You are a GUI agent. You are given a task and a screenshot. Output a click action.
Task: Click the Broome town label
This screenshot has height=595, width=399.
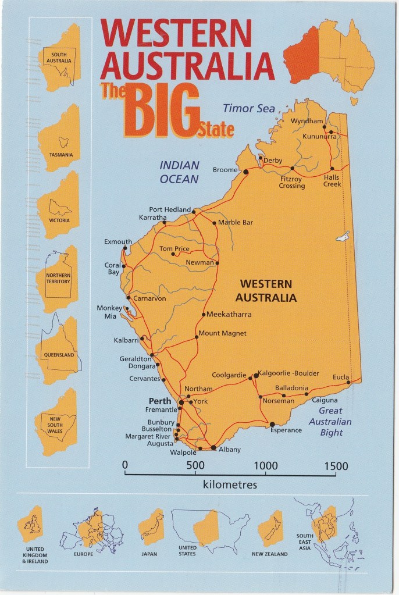coord(226,170)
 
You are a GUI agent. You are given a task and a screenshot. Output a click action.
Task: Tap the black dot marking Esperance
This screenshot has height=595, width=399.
coord(272,423)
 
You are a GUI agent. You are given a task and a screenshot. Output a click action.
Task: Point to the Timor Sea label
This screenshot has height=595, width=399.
coord(249,108)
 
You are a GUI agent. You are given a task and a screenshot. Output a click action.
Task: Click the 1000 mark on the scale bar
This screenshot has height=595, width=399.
coord(266,466)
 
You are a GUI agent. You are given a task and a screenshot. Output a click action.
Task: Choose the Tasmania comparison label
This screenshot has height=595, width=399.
coord(60,155)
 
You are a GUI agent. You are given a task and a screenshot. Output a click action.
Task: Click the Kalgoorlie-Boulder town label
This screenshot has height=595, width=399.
coord(289,373)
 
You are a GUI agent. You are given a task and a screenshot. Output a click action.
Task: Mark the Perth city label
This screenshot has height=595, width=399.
coord(160,401)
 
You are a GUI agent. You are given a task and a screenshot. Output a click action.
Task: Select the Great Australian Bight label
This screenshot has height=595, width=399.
coord(330,422)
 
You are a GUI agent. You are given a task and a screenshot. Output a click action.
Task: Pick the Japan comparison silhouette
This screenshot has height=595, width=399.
coord(151,526)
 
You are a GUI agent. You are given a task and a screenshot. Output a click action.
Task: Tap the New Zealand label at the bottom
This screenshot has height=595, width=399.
coord(269,554)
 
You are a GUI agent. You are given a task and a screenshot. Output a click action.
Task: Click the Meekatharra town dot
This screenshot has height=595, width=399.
coord(203,315)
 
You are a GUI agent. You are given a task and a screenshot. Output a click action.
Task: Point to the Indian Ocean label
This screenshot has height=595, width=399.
coord(179,172)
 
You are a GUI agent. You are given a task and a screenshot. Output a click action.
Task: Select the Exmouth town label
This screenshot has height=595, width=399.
coord(118,242)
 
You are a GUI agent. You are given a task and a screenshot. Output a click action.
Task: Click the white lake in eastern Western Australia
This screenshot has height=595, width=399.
coord(343,237)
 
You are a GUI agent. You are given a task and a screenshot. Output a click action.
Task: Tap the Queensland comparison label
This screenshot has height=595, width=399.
coord(60,355)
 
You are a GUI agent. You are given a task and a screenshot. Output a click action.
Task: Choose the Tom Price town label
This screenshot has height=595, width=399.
coord(174,249)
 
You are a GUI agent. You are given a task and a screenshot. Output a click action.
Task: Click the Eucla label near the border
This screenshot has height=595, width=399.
coord(341,377)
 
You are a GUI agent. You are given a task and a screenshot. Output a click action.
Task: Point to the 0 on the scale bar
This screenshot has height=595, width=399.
coord(125,466)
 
